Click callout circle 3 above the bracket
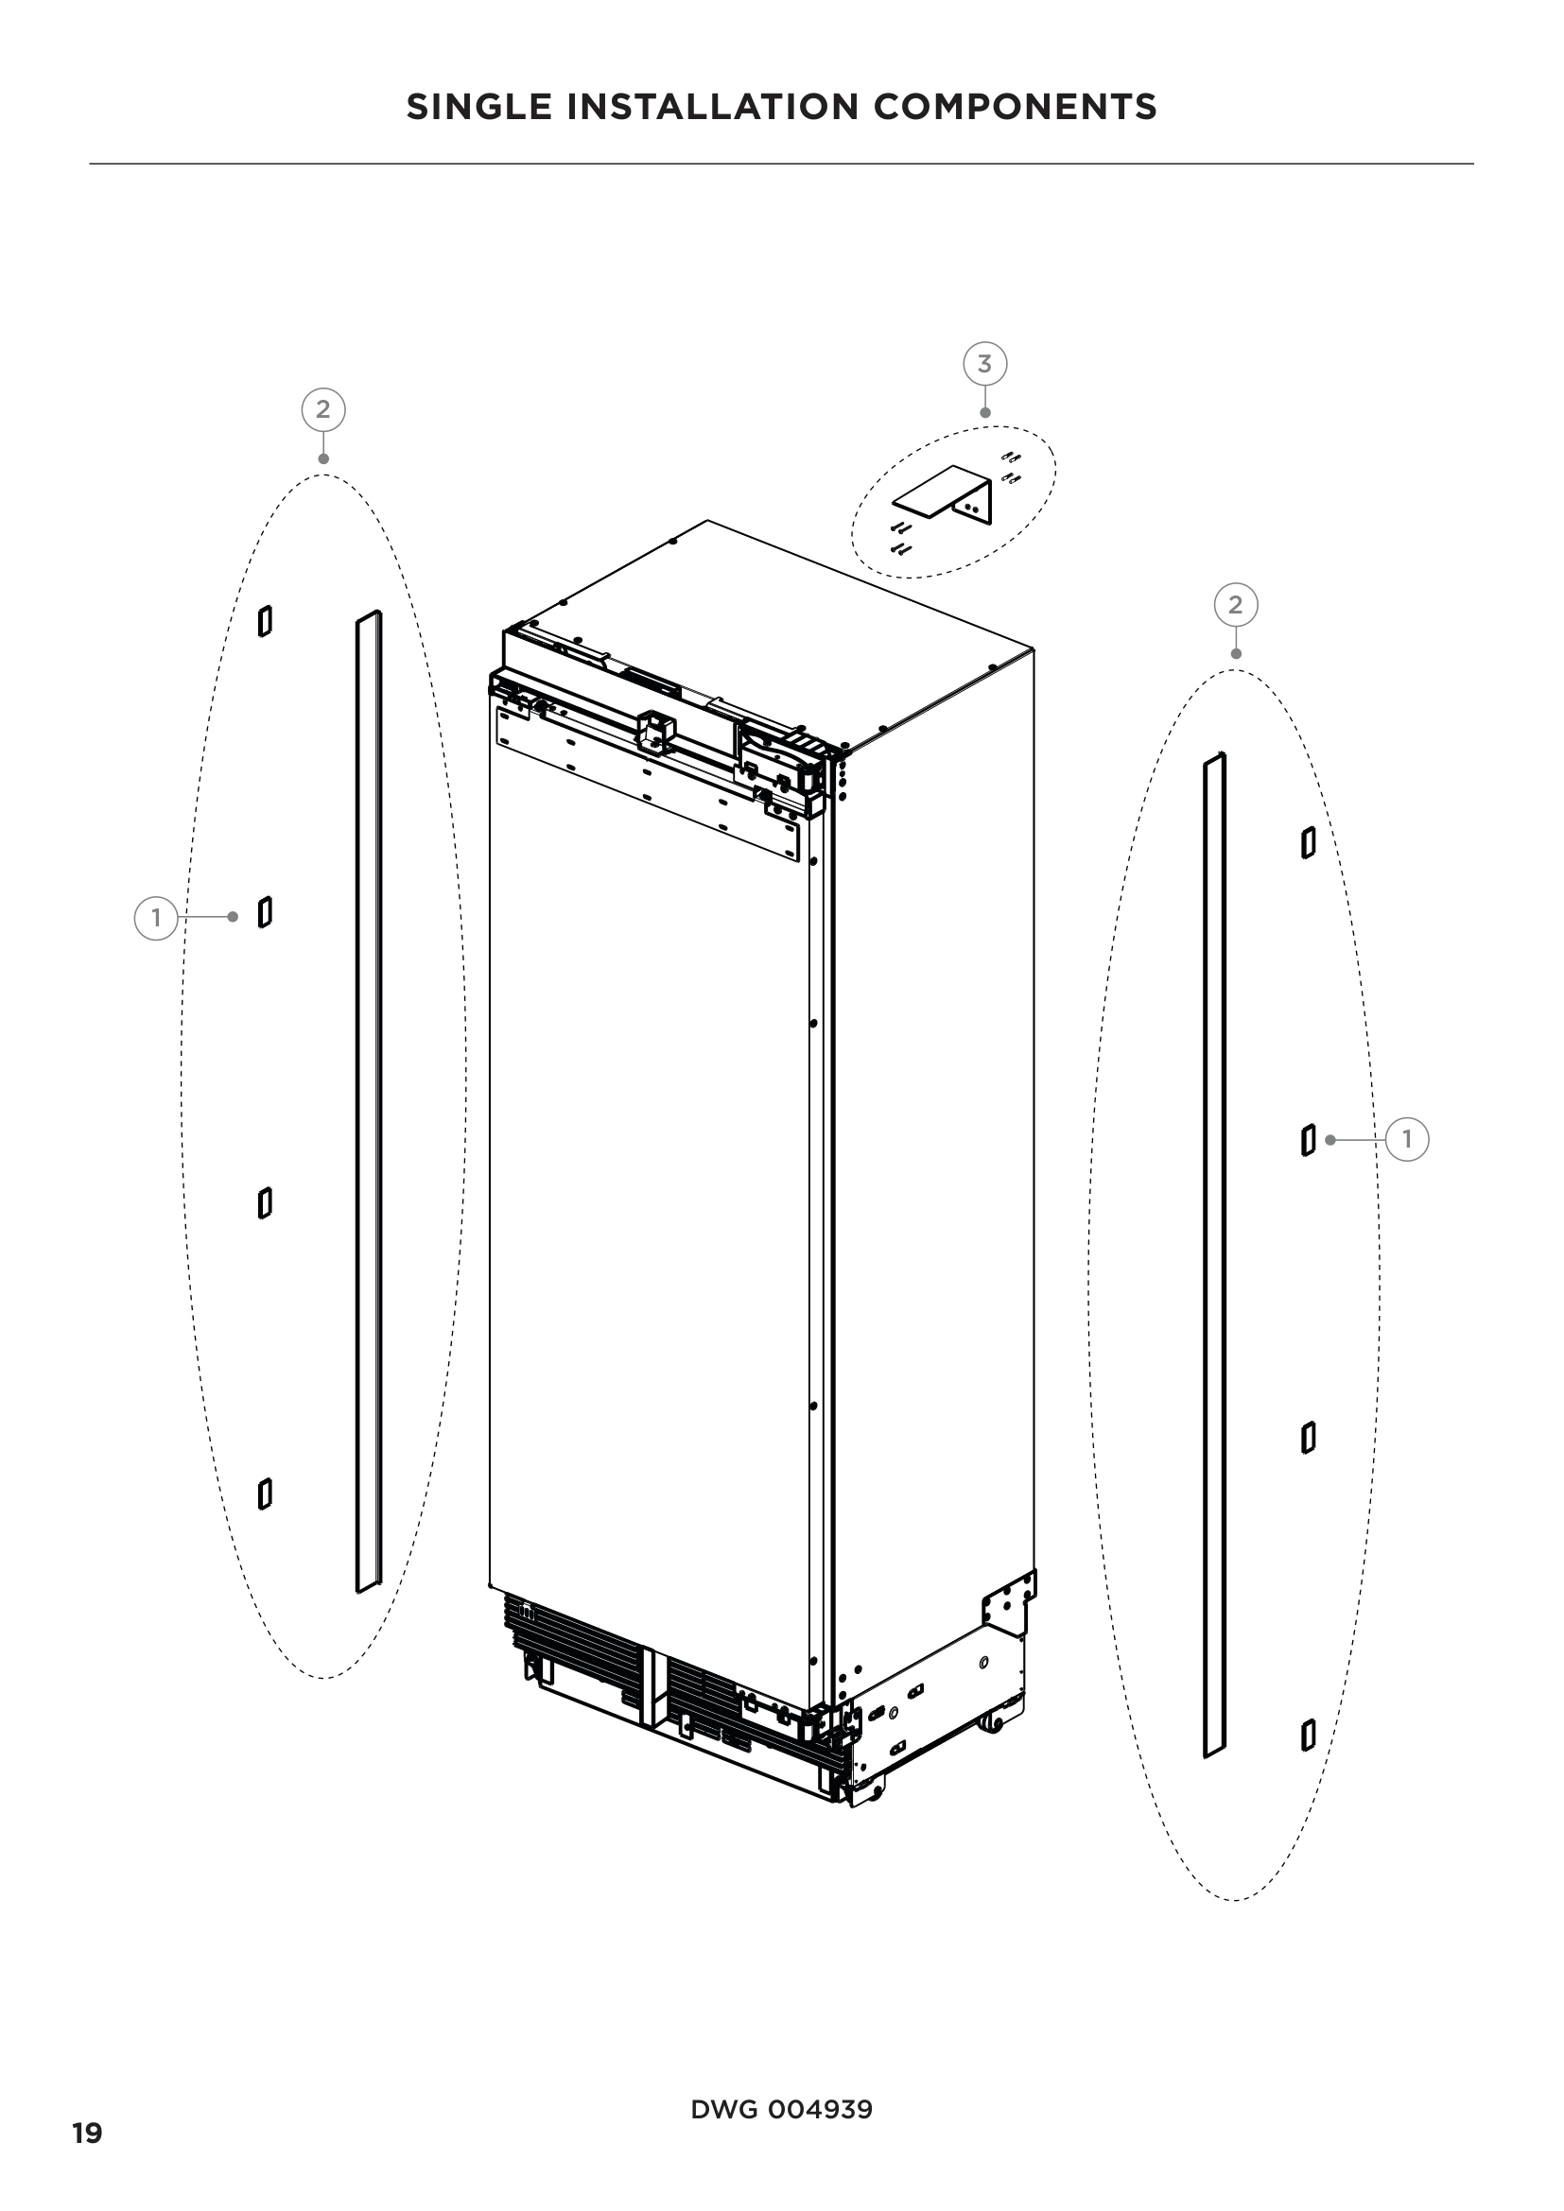pos(984,364)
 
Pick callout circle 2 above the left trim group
pos(322,410)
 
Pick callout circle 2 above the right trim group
pos(1236,605)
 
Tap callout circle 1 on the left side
pos(156,918)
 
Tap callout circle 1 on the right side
pos(1407,1140)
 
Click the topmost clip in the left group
pos(265,621)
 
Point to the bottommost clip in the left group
pos(265,1494)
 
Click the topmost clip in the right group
pos(1308,842)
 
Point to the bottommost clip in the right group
pos(1308,1736)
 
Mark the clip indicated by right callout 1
pos(1308,1140)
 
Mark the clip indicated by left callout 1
pos(265,912)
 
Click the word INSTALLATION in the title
pos(713,107)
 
